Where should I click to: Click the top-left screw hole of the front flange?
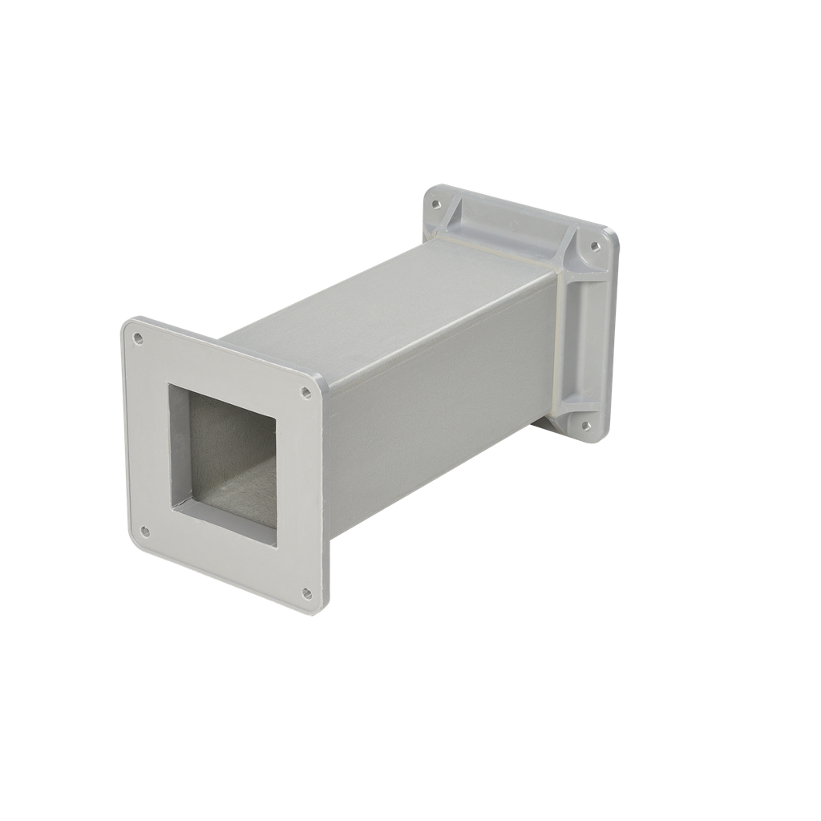click(138, 339)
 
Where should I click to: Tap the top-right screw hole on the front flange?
click(306, 393)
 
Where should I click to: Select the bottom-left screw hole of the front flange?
click(145, 531)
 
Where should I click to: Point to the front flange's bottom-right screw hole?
click(306, 594)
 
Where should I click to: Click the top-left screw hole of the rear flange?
click(436, 204)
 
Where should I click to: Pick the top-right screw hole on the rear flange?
click(594, 247)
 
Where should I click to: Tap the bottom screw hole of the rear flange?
click(585, 426)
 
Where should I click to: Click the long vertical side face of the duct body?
click(441, 401)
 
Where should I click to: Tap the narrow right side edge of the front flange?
click(323, 497)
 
